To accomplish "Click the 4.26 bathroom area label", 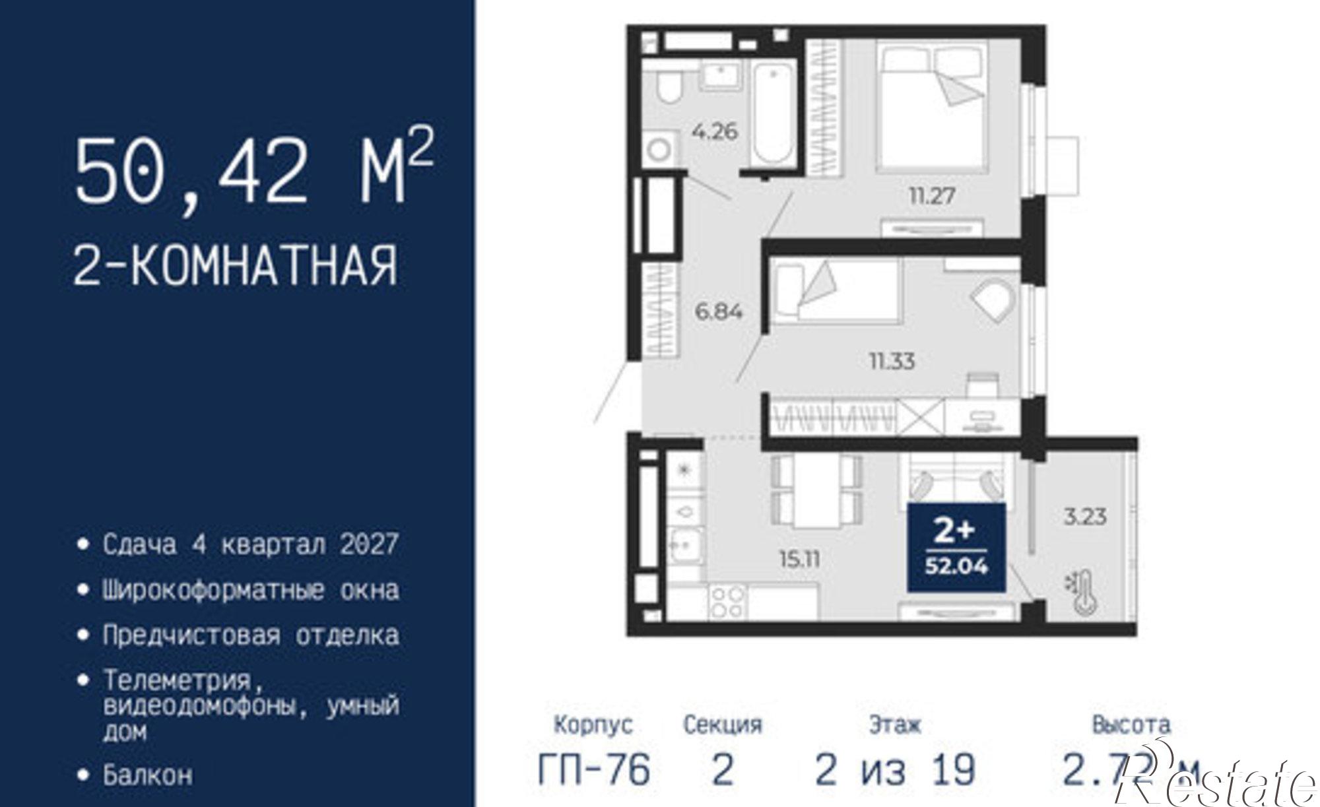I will click(x=715, y=132).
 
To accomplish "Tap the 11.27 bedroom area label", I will click(x=932, y=195).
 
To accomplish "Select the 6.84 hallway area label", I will click(x=719, y=311).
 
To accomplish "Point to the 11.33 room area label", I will click(x=892, y=361).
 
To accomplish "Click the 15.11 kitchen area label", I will click(x=799, y=560).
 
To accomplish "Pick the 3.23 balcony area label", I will click(x=1085, y=516).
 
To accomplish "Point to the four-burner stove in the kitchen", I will click(x=727, y=602).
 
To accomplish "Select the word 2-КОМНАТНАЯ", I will click(x=236, y=265).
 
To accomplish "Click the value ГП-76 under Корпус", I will click(x=594, y=769).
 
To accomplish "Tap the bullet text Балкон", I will click(x=148, y=775).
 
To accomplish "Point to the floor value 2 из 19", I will click(x=894, y=769).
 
